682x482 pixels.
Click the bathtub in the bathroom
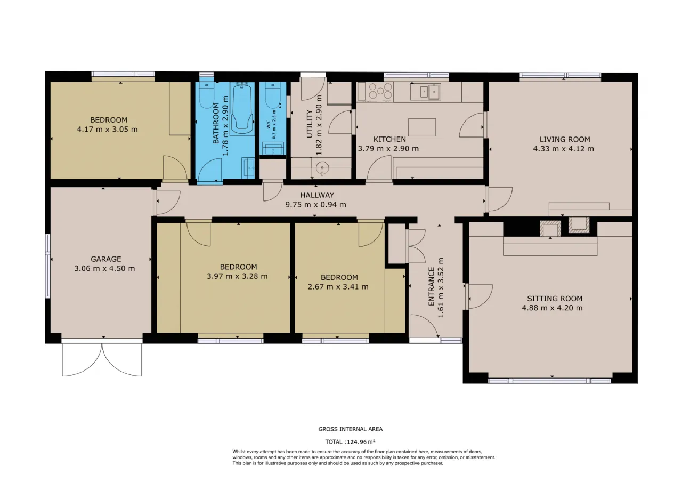point(242,108)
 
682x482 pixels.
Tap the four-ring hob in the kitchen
point(380,91)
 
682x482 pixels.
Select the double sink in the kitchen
point(425,91)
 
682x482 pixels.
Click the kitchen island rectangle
point(421,127)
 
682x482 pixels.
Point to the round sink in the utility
point(322,168)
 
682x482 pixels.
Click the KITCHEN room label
point(389,139)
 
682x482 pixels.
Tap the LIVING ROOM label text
point(565,139)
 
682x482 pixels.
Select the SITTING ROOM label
point(555,298)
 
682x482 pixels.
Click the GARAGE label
point(105,259)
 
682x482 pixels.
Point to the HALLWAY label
point(317,195)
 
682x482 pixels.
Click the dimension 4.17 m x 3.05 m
point(107,130)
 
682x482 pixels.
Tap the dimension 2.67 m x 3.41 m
point(338,287)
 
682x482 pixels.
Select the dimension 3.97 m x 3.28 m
point(237,276)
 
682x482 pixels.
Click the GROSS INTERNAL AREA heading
point(351,429)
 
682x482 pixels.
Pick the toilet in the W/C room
point(272,95)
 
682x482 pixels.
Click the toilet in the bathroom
point(207,95)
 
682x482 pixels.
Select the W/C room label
point(269,124)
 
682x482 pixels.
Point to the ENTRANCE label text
point(431,286)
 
